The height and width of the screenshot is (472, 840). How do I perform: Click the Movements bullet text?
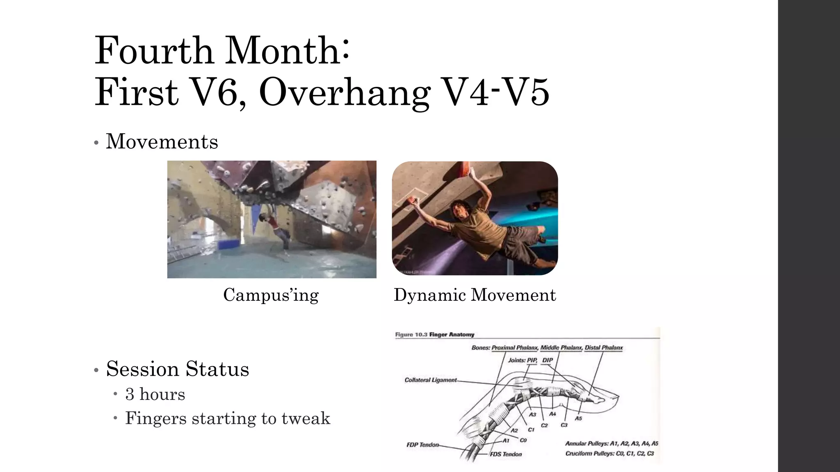coord(162,142)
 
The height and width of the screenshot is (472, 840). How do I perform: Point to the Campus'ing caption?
coord(271,295)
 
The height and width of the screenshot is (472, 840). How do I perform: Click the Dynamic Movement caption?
coord(475,295)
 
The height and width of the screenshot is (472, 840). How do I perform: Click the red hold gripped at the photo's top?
coord(467,168)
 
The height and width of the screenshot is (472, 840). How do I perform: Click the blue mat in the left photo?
coord(231,244)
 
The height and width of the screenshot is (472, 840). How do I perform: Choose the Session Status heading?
coord(177,369)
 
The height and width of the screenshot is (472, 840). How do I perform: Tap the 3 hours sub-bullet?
coord(155,394)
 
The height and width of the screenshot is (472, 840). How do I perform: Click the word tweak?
coord(306,418)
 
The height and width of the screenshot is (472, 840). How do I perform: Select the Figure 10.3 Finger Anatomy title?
coord(435,335)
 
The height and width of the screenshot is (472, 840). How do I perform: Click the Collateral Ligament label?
coord(430,380)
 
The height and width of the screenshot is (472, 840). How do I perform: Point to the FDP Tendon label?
coord(422,445)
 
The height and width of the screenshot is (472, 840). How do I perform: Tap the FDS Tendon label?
coord(506,454)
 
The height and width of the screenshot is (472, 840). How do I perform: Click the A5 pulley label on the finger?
coord(578,418)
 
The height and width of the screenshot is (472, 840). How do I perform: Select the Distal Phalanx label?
coord(603,348)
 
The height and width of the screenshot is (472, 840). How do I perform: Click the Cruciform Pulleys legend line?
coord(609,454)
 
